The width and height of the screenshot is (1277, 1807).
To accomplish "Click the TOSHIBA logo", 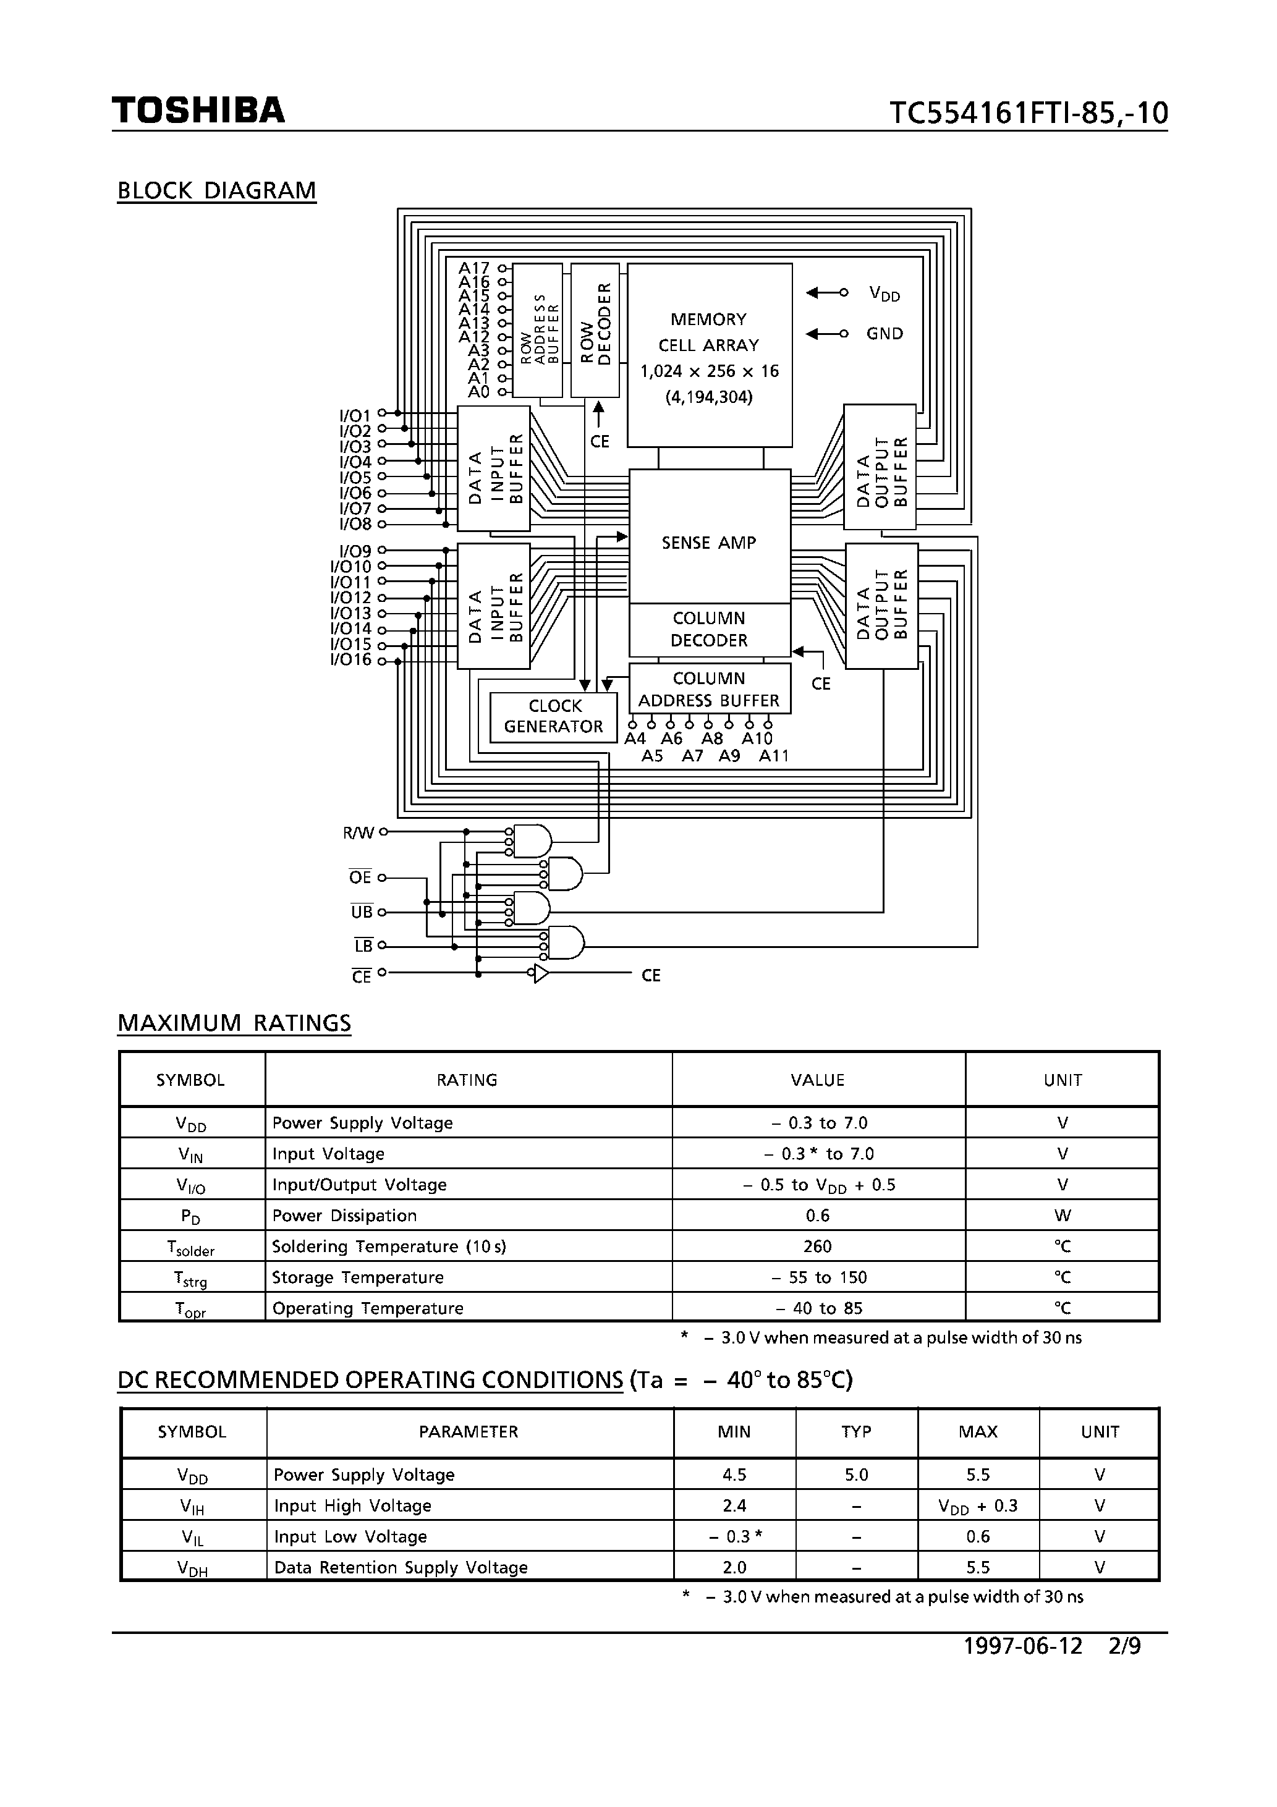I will tap(198, 110).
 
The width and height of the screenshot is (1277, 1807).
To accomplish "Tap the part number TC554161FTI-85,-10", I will tap(1028, 113).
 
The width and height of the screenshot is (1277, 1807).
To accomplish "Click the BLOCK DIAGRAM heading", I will tap(216, 190).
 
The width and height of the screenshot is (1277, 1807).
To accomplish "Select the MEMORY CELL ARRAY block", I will tap(708, 354).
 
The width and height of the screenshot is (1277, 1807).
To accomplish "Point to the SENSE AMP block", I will tap(708, 541).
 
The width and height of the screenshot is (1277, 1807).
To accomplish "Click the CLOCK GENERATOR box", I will tap(553, 716).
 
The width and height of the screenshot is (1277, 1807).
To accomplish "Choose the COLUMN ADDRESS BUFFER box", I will tap(708, 688).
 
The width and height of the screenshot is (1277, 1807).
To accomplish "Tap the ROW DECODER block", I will tap(595, 331).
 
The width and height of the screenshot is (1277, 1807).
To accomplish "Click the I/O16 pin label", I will tap(351, 659).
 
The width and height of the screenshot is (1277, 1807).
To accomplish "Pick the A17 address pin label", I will tap(474, 268).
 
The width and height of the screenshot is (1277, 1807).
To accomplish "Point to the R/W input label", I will tap(359, 832).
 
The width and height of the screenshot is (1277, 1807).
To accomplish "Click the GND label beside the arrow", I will tap(884, 334).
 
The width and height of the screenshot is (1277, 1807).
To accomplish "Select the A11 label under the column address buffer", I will tap(773, 756).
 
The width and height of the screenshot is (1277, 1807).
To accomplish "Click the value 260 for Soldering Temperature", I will tap(817, 1246).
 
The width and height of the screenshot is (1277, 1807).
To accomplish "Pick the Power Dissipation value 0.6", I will tap(817, 1215).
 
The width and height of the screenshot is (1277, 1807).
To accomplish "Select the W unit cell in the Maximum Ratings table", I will tap(1062, 1215).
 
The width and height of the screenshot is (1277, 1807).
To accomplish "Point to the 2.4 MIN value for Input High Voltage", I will tap(734, 1505).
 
